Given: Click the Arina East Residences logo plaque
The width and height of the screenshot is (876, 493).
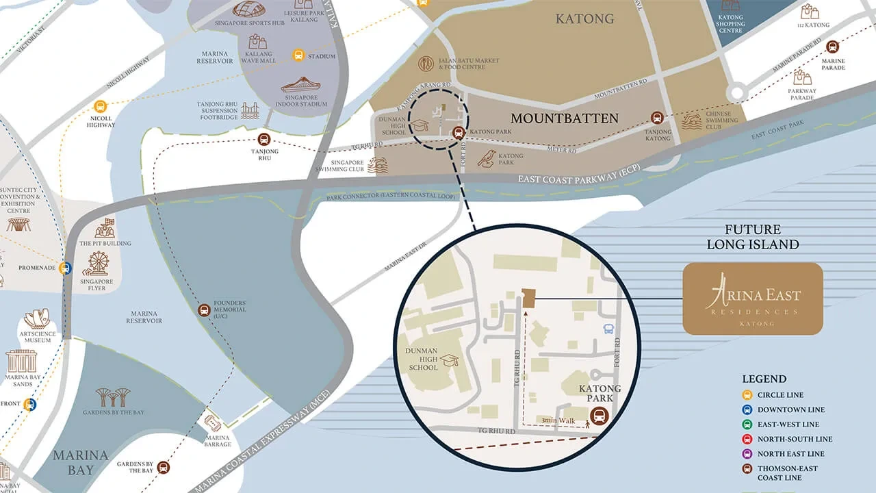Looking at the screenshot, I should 753,299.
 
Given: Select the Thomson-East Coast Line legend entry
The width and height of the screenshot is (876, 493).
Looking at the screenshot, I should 787,473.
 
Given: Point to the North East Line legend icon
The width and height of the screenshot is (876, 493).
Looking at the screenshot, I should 748,454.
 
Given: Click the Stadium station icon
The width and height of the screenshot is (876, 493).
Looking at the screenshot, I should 298,55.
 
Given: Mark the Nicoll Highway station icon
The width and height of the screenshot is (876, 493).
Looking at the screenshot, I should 101,106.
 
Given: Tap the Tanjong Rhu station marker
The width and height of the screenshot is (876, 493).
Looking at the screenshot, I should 264,139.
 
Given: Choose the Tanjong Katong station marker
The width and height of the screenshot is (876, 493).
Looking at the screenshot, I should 658,117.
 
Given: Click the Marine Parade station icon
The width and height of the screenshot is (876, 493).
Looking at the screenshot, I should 832,47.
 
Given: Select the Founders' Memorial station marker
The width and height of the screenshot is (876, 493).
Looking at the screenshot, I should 204,310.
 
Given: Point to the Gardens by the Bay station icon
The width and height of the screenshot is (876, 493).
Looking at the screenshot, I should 163,468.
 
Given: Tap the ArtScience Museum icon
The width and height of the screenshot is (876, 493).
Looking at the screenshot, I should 37,319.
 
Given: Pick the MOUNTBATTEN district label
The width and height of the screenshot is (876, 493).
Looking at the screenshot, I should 564,118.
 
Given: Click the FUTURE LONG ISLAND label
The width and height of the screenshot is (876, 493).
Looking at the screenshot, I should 753,237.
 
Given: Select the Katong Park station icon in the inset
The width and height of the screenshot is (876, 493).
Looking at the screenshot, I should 599,415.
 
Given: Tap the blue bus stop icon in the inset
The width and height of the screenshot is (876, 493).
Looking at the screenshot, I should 608,329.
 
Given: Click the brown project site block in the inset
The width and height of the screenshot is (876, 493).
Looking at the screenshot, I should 529,298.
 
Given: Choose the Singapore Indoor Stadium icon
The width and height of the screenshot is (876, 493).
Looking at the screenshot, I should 300,85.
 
